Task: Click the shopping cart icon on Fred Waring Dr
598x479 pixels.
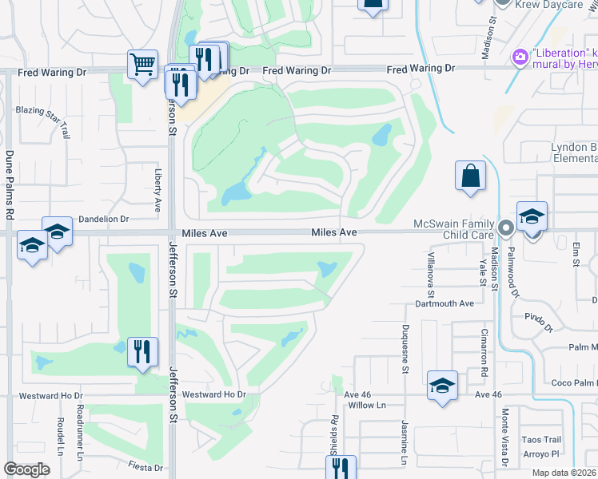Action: pos(142,64)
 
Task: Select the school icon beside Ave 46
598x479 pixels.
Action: pos(442,386)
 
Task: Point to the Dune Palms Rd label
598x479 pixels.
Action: pos(10,184)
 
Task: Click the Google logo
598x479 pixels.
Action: pos(27,469)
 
